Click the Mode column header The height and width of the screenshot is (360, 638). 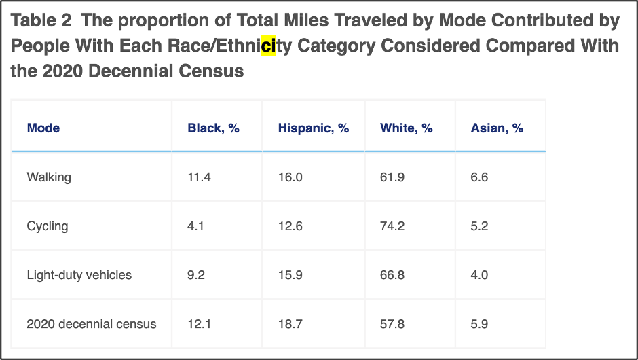coord(43,128)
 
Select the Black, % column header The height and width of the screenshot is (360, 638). coord(213,128)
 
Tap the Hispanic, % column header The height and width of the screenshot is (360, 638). coord(313,128)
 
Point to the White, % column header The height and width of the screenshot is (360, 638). coord(406,128)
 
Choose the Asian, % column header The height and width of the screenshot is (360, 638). coord(496,128)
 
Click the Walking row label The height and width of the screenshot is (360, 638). coord(49,177)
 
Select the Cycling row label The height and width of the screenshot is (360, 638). coord(48,226)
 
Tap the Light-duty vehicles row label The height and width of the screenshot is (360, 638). coord(79,275)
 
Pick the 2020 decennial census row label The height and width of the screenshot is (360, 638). coord(91,324)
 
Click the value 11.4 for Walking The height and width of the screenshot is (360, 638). coord(199,177)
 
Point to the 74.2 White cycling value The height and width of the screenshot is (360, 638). coord(392,226)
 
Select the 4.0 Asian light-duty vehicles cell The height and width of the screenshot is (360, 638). coord(479,275)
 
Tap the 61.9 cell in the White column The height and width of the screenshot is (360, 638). coord(392,177)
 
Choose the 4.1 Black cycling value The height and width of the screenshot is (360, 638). coord(195,226)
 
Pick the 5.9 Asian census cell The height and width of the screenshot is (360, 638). coord(479,324)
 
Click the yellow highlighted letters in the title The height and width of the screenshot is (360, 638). coord(269,46)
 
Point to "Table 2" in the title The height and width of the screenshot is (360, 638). coord(41,20)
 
